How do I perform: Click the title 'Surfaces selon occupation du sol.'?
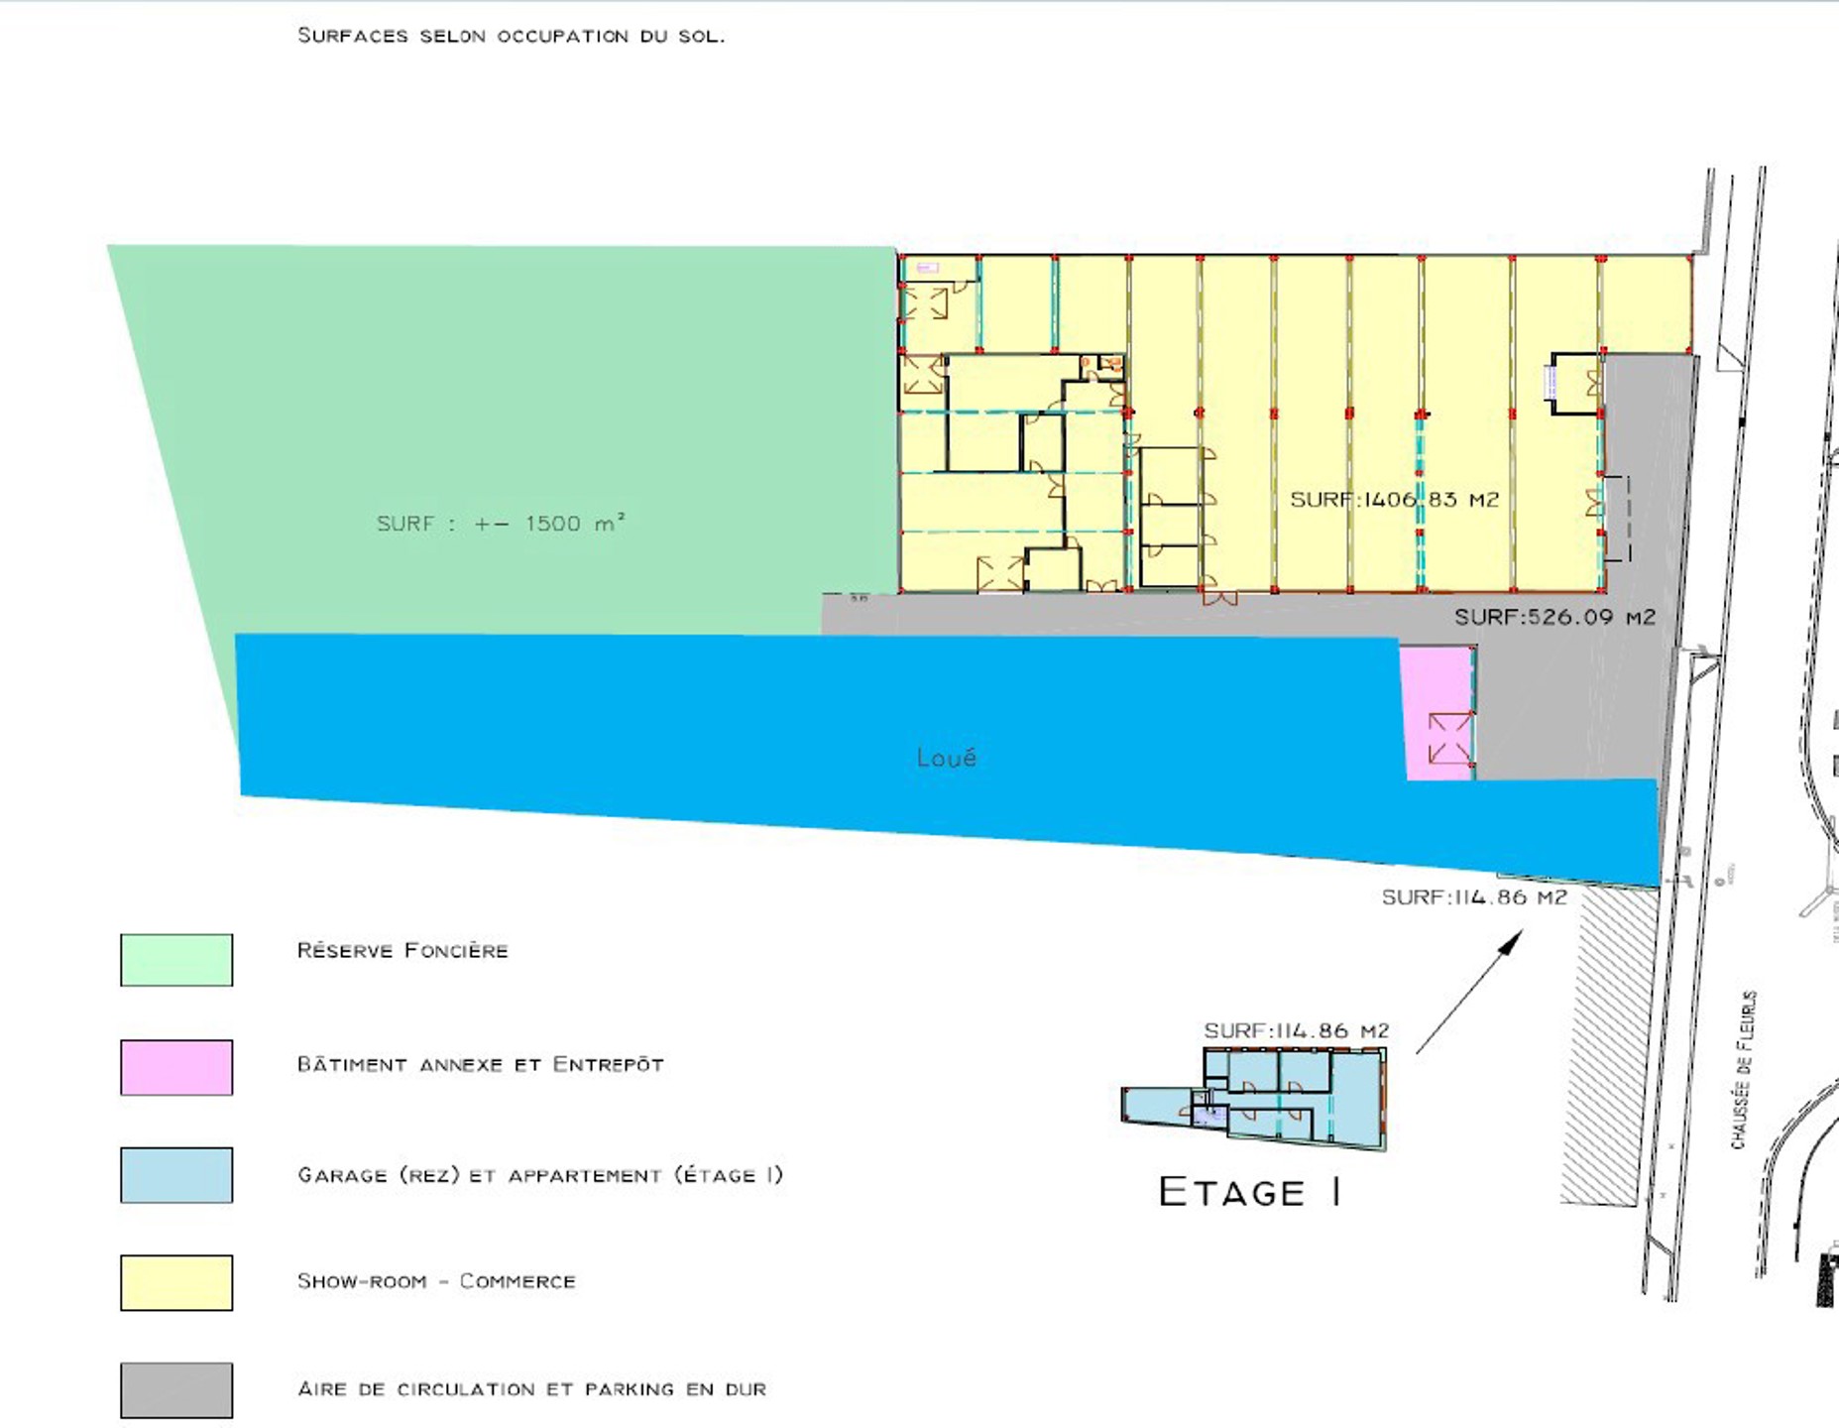coord(511,36)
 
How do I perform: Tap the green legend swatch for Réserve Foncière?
coord(176,959)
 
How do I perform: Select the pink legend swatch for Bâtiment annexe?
coord(176,1067)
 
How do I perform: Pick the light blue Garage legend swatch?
coord(176,1175)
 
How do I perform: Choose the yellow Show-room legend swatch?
coord(176,1282)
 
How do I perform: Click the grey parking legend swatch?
coord(176,1390)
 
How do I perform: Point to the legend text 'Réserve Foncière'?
coord(402,951)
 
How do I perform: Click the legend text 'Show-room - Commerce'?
coord(436,1281)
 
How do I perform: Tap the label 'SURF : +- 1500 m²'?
coord(501,524)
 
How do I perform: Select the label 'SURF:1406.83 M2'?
coord(1394,500)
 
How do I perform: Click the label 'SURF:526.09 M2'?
coord(1554,617)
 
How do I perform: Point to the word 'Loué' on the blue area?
coord(947,759)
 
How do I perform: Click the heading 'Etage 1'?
coord(1250,1192)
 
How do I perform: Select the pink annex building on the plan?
coord(1438,712)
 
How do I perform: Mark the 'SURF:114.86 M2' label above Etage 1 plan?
coord(1296,1031)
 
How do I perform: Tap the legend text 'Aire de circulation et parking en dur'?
coord(531,1389)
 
